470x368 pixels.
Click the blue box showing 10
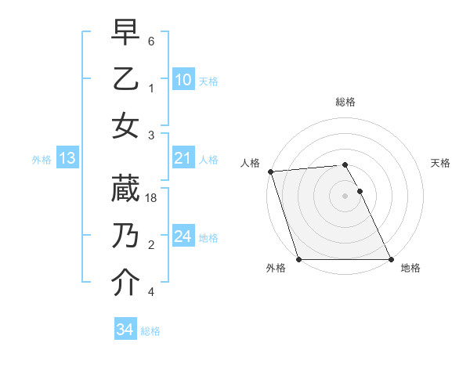click(183, 79)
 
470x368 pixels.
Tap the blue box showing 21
click(183, 158)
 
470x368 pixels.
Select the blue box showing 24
click(183, 236)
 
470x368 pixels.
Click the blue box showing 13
click(67, 159)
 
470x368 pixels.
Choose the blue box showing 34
click(125, 330)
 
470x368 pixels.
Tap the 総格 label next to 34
click(150, 331)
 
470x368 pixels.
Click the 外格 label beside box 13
click(42, 160)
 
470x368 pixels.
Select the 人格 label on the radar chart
click(251, 163)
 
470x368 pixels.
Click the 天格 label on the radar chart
click(441, 163)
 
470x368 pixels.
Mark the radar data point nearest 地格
click(391, 259)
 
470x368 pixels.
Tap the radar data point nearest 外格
click(298, 259)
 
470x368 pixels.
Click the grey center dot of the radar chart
click(345, 196)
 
